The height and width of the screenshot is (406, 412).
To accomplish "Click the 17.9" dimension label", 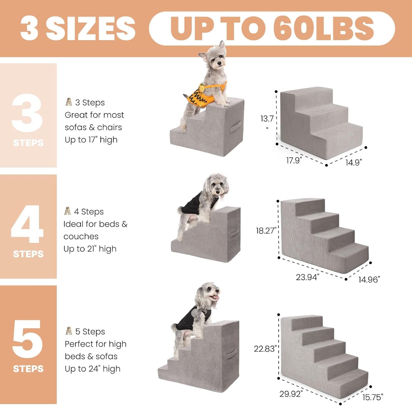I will (x=294, y=160).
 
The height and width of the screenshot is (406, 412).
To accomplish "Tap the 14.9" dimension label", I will (x=354, y=162).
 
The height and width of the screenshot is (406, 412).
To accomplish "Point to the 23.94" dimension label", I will (x=307, y=277).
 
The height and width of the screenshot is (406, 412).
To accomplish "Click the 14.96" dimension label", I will (x=369, y=280).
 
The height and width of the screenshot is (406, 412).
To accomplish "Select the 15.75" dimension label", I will (x=373, y=397).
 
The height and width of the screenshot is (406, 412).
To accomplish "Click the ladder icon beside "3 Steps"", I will (x=69, y=102).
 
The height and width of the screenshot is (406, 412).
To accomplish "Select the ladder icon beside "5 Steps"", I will (x=69, y=331).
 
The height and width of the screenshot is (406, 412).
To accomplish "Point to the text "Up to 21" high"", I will (x=90, y=249).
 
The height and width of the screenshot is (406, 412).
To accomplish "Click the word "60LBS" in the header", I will (x=324, y=28).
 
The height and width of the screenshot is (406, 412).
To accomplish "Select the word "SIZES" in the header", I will (x=90, y=28).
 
